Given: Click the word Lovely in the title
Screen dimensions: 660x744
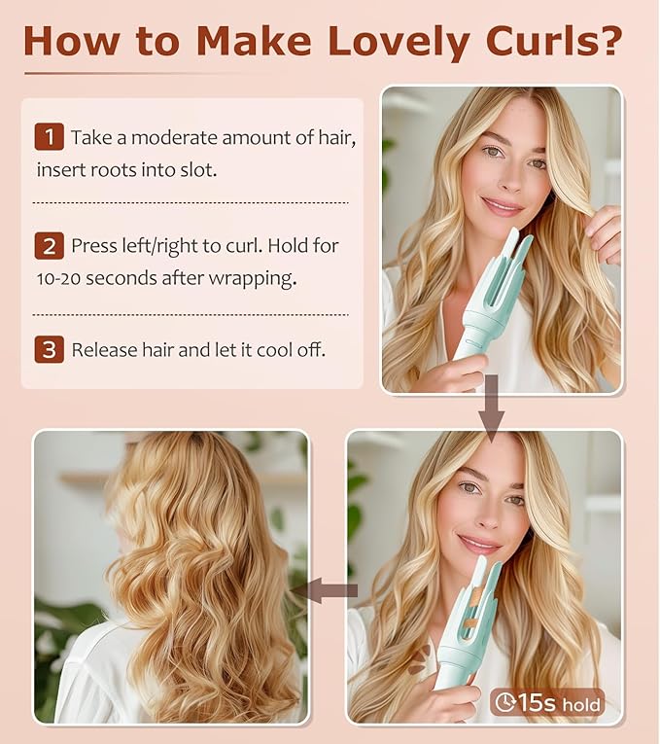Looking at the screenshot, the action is coord(399,41).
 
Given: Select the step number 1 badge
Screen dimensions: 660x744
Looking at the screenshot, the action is coord(50,137).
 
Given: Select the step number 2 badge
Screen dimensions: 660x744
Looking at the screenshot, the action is coord(50,246).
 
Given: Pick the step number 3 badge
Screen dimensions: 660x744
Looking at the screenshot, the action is coord(50,350).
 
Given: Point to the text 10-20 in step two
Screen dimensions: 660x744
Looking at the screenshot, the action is coord(58,278).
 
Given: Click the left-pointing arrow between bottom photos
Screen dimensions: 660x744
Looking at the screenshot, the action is coord(328,590).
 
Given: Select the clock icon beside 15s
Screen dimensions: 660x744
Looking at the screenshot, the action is coord(505,703).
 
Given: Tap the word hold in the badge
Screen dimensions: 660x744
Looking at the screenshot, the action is coord(581,704).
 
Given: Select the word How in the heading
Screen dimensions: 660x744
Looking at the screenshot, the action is coord(71,41).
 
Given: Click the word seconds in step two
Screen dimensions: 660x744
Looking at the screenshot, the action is coord(122,278).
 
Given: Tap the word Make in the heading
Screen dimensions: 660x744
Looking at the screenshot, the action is coord(254,41).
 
